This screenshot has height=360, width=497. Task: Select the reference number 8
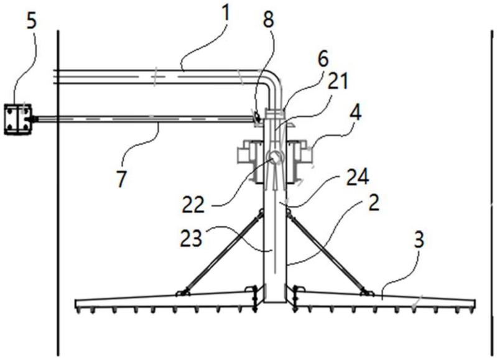point(269,19)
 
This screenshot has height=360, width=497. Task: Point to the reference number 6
point(323,59)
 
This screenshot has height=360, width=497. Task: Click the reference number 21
point(338,81)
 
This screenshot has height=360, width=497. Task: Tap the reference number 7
point(121,178)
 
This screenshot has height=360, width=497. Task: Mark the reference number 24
point(358,177)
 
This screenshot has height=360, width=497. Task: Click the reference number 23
point(191,238)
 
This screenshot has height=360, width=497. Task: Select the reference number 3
point(419,239)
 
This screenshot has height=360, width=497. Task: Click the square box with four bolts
point(18,119)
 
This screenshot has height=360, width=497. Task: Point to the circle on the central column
point(274,157)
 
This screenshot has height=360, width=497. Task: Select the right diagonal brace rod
point(327,251)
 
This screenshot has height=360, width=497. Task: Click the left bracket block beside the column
point(251,162)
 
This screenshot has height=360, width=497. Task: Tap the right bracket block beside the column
point(299,162)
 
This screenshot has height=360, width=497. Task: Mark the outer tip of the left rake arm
point(75,304)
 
